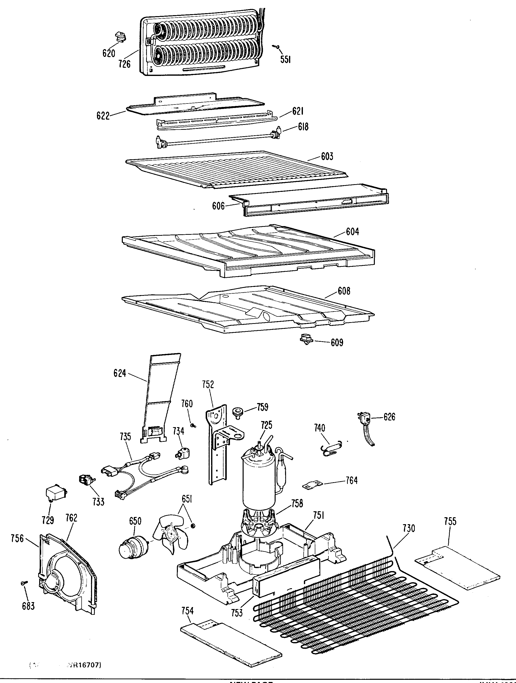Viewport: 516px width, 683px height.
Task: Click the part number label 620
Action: tap(109, 53)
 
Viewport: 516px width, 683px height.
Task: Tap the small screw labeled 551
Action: tap(277, 47)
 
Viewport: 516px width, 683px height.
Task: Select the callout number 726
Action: tap(124, 64)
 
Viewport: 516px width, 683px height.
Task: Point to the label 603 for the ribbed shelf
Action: tap(327, 157)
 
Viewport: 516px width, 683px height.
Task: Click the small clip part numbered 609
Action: tap(306, 340)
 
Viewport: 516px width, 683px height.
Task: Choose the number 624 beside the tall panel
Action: tap(120, 373)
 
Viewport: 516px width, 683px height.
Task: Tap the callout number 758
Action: tap(297, 504)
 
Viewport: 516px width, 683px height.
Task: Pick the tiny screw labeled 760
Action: tap(193, 425)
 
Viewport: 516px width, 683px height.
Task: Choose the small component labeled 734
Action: tap(182, 453)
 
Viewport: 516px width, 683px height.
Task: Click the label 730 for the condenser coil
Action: tap(409, 528)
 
